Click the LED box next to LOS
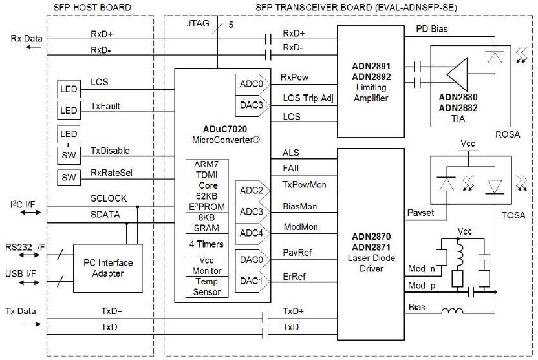[x=68, y=89]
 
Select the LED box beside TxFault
[x=68, y=110]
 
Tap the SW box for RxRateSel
[x=68, y=177]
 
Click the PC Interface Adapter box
[x=109, y=268]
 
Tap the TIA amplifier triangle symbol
[x=457, y=72]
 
